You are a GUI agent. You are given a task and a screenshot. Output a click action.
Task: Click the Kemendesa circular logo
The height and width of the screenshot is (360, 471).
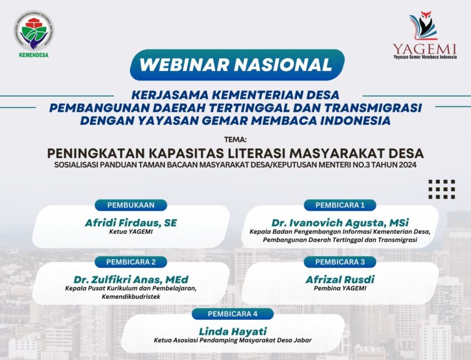click(x=34, y=31)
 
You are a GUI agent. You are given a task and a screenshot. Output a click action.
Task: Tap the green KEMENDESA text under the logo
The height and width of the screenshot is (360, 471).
click(x=34, y=55)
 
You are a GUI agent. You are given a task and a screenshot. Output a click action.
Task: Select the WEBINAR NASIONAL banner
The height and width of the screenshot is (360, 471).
click(x=237, y=65)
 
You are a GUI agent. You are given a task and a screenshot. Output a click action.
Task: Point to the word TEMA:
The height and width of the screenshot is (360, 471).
click(x=236, y=140)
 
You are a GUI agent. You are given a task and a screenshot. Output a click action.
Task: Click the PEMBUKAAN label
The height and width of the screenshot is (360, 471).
click(x=131, y=205)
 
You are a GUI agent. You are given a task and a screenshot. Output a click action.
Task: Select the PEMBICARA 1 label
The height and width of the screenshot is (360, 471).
click(x=340, y=205)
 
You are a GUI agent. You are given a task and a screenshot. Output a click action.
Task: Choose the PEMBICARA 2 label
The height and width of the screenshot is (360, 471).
click(x=131, y=262)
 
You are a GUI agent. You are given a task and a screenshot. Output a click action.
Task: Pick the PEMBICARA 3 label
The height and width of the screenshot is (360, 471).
click(x=340, y=262)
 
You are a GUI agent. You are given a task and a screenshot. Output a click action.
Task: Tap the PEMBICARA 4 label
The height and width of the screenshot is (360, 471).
click(x=233, y=314)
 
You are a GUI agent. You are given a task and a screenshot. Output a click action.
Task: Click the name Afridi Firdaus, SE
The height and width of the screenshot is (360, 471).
click(x=131, y=223)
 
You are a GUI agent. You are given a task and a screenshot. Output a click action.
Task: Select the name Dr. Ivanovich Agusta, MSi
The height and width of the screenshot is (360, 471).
click(x=340, y=223)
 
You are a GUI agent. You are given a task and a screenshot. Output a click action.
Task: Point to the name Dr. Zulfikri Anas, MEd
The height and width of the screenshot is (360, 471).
click(x=131, y=280)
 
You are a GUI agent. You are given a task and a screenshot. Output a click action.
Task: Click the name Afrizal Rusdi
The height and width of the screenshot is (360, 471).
click(x=340, y=280)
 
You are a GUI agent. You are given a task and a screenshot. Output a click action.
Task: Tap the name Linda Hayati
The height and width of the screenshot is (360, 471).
click(x=233, y=331)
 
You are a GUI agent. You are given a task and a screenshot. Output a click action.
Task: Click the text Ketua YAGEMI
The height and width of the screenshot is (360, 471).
click(x=131, y=231)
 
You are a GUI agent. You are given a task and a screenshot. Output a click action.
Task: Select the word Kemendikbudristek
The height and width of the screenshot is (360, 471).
click(x=131, y=297)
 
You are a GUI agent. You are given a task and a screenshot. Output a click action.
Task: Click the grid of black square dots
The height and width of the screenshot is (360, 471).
click(x=441, y=190)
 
